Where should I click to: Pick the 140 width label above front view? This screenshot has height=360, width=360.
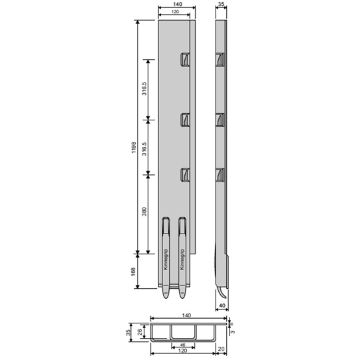[x=176, y=5]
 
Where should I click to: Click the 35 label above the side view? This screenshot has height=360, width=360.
[x=221, y=5]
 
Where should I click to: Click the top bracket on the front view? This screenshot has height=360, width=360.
[x=185, y=61]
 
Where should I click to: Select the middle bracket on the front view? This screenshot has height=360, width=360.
[x=185, y=119]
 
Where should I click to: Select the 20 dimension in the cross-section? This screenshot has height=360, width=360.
[x=221, y=349]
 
